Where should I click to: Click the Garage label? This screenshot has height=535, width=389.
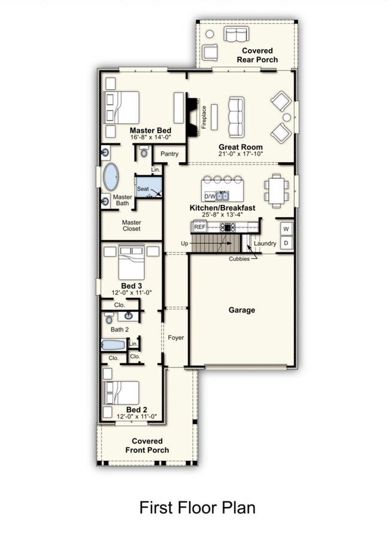242,310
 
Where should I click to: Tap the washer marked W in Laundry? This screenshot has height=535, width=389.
286,229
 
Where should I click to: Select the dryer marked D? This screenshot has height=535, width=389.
286,243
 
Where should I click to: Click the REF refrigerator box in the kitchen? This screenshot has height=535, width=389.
200,227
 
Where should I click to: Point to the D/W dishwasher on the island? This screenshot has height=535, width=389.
210,196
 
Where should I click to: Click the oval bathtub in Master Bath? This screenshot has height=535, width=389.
111,177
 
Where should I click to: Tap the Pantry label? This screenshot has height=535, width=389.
169,154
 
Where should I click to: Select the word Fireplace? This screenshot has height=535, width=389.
204,117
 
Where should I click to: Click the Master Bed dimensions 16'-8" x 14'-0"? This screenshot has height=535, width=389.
150,137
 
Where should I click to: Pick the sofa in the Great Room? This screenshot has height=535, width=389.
236,117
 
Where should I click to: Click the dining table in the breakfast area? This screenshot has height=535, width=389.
276,191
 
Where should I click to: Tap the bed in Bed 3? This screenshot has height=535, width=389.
132,262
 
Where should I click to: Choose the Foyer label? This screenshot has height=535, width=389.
176,338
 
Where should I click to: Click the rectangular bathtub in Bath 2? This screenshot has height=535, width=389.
114,345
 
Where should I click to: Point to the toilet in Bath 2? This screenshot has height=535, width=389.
109,318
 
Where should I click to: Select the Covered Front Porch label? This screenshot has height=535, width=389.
147,446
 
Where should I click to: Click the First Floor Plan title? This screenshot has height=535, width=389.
197,507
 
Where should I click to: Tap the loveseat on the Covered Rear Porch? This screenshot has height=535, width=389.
236,34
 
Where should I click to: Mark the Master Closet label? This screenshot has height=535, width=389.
132,226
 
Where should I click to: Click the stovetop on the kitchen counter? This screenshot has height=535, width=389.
227,227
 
